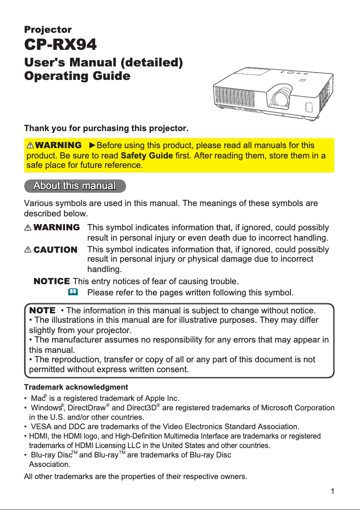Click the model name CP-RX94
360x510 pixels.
pos(60,45)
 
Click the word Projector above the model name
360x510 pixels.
pos(48,30)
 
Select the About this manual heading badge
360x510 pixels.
pos(75,186)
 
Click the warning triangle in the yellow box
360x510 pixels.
pos(31,146)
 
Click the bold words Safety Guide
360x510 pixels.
pos(147,156)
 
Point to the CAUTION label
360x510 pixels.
pos(55,250)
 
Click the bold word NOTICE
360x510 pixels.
pos(52,281)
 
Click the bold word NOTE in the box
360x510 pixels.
pos(42,310)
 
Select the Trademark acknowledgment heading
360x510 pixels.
pos(75,387)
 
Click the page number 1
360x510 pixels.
pos(332,491)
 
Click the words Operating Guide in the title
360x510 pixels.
pos(77,76)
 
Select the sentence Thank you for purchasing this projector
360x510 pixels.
pos(106,129)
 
